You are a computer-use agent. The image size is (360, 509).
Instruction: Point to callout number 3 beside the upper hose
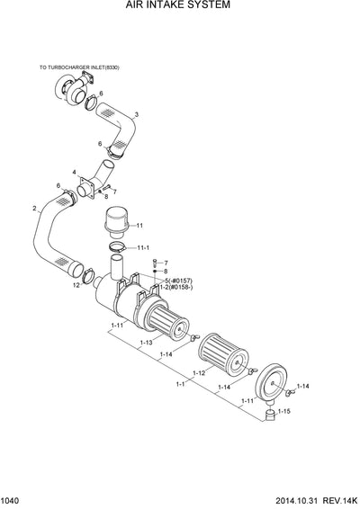pos(136,114)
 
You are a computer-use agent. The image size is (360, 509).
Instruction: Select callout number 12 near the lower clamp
pos(76,285)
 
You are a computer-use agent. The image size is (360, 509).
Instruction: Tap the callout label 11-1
pos(143,246)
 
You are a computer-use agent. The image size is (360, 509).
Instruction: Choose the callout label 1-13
pos(146,343)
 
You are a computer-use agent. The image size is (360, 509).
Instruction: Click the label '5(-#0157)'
pos(179,281)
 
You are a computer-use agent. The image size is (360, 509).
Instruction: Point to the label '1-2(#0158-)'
pos(176,288)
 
